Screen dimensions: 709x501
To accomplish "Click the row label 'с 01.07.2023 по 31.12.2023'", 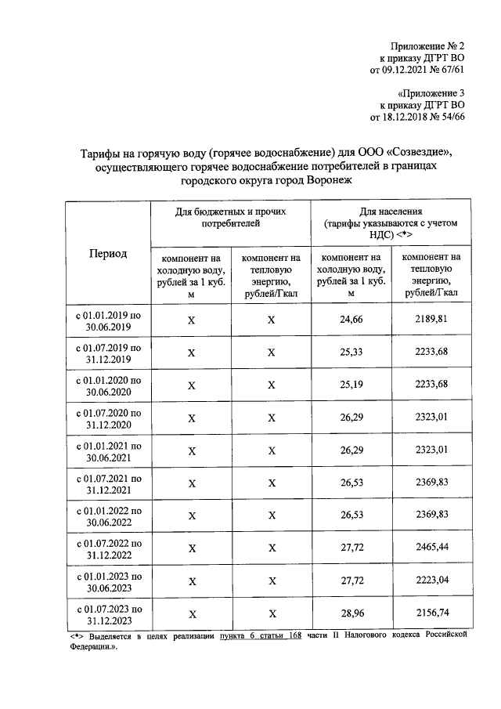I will [108, 613].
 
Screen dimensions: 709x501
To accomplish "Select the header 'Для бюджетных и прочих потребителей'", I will [230, 217].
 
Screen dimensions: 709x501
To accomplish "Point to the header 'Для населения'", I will [391, 212].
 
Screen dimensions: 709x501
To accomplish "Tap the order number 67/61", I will [449, 70].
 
